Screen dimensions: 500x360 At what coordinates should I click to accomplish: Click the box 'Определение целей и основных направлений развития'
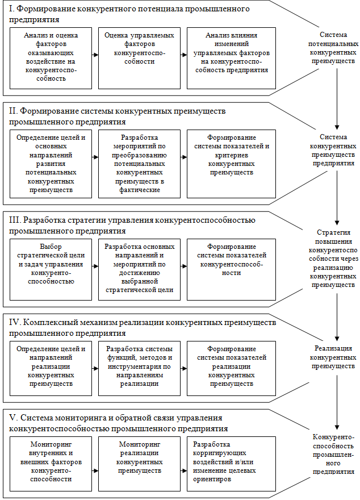[x=51, y=164]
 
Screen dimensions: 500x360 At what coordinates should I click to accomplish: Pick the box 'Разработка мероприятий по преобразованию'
[x=139, y=164]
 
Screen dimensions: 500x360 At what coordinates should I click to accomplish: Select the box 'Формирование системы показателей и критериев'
[x=231, y=164]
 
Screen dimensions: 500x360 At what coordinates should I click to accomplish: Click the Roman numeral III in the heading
[x=15, y=220]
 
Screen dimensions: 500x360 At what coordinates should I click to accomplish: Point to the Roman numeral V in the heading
[x=13, y=418]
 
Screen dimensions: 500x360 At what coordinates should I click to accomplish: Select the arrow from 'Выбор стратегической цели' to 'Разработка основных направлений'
[x=95, y=265]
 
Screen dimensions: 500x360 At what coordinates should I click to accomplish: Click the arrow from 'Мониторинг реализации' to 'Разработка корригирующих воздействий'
[x=183, y=471]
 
